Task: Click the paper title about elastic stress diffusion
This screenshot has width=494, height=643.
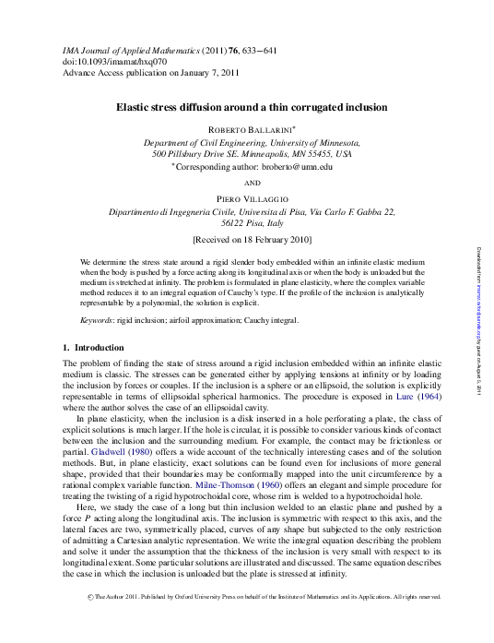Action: pos(251,107)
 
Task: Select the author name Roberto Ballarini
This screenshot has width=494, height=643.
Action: pos(251,131)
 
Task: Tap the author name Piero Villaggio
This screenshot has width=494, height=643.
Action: pos(252,198)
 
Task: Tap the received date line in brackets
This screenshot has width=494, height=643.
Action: pos(252,238)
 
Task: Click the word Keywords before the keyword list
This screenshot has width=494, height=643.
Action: pos(96,319)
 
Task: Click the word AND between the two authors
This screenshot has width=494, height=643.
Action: pos(252,183)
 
